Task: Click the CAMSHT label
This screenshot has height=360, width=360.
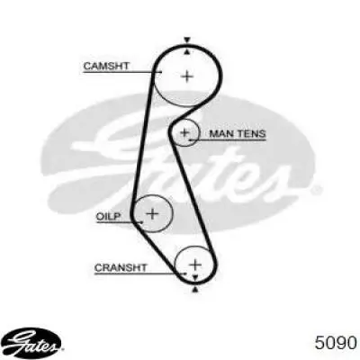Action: click(x=106, y=66)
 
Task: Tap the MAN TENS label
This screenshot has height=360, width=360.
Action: click(x=238, y=133)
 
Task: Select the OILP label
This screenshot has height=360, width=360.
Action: click(x=108, y=216)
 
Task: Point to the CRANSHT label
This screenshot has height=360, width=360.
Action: click(x=121, y=267)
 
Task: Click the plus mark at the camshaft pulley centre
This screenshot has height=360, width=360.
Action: click(x=187, y=76)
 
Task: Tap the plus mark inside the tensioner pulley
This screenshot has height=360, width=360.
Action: click(x=185, y=132)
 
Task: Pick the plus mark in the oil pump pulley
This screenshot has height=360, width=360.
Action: click(x=153, y=214)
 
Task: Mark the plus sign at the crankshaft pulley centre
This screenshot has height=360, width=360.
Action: click(x=195, y=265)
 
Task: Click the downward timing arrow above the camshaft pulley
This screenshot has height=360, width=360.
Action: click(x=187, y=40)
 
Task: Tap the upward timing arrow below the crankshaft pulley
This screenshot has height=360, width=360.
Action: click(x=195, y=289)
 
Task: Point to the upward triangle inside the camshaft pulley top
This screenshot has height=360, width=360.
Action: click(x=187, y=52)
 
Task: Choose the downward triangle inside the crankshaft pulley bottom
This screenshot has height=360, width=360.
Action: click(x=195, y=277)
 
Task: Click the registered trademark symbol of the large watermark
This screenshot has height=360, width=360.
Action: click(x=316, y=190)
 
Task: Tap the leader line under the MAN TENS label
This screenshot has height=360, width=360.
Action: click(x=228, y=139)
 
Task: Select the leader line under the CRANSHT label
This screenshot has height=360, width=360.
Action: click(x=140, y=274)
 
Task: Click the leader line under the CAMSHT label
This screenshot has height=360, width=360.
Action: click(x=122, y=72)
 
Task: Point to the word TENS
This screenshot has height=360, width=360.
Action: click(x=251, y=133)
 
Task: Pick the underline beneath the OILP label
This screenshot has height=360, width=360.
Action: click(x=119, y=222)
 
